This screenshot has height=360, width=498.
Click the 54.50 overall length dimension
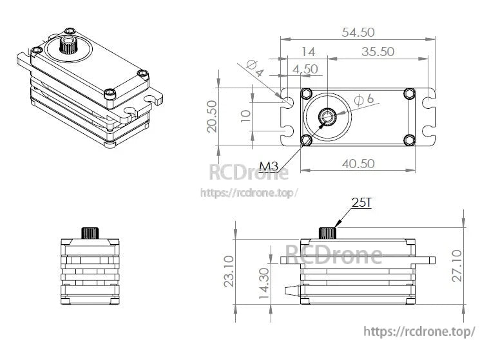[x=358, y=32]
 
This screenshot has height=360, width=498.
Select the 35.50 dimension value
[x=377, y=52]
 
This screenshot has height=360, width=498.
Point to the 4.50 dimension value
[x=305, y=68]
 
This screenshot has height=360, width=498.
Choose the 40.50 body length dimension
[x=357, y=164]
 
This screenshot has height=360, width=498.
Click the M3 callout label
[x=269, y=167]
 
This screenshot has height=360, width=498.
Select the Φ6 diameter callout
[x=365, y=99]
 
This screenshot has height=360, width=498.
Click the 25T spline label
[x=361, y=204]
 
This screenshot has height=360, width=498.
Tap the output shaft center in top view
[x=327, y=117]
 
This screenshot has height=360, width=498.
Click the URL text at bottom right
[x=419, y=331]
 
